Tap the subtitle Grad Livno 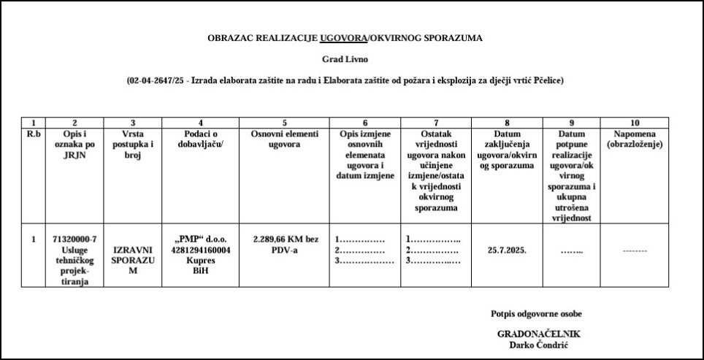[x=345, y=59]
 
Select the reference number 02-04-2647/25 [x=154, y=80]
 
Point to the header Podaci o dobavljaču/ [x=200, y=139]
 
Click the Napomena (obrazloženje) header [x=634, y=139]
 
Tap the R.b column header [x=34, y=134]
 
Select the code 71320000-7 [x=75, y=239]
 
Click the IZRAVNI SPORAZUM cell [x=132, y=259]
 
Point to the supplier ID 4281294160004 [x=200, y=249]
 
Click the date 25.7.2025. [x=507, y=249]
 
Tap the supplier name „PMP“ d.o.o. [x=200, y=239]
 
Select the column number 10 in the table [x=634, y=123]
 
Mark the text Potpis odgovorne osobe [x=536, y=313]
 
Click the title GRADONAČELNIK [x=538, y=334]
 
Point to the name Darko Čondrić [x=538, y=345]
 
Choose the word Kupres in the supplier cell [x=200, y=259]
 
